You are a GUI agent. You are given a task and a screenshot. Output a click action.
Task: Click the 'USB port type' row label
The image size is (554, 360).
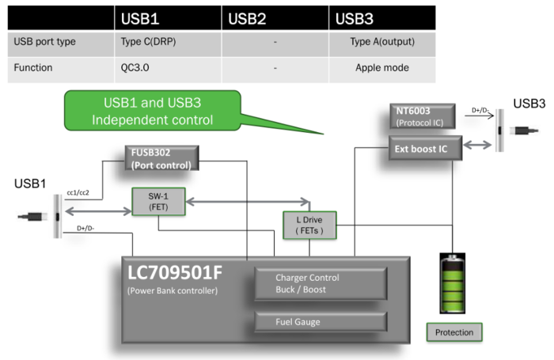pyautogui.click(x=45, y=42)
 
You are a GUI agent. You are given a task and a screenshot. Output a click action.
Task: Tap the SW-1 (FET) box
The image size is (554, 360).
pyautogui.click(x=158, y=202)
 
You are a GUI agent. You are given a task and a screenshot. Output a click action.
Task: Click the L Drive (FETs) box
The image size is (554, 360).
pyautogui.click(x=309, y=225)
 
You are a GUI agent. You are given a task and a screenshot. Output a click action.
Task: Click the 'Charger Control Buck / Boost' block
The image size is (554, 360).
pyautogui.click(x=320, y=283)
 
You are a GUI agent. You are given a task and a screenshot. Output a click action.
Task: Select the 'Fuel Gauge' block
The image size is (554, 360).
pyautogui.click(x=320, y=320)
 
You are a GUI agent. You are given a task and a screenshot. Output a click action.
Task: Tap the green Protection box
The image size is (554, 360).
pyautogui.click(x=454, y=332)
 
